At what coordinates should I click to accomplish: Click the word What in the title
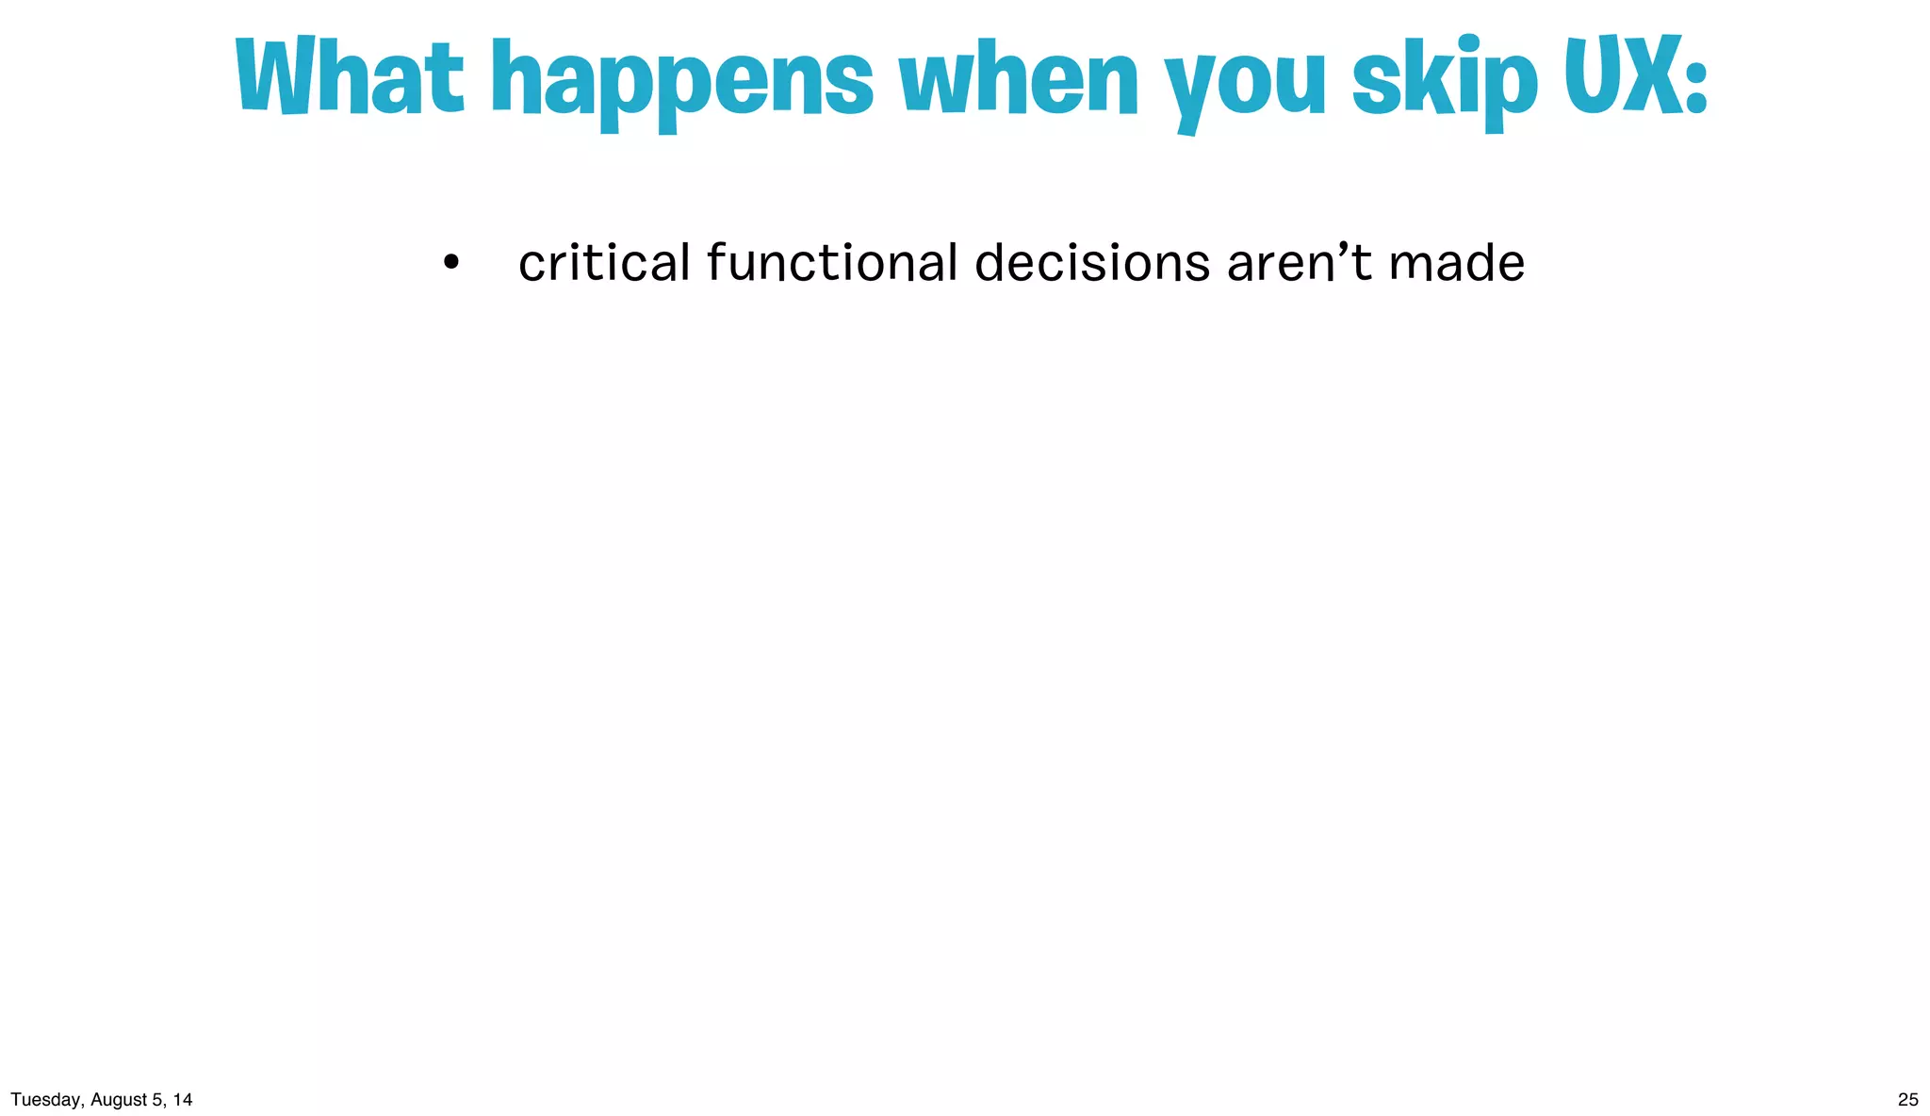pos(349,77)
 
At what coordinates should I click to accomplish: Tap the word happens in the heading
pos(682,83)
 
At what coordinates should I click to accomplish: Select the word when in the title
pos(1019,79)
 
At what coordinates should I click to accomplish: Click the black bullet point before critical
pos(451,263)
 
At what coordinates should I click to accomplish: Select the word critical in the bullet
pos(604,263)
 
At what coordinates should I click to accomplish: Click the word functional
pos(832,263)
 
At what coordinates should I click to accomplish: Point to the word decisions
pos(1091,263)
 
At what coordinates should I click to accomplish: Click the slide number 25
pos(1907,1099)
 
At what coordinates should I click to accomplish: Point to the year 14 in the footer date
pos(183,1099)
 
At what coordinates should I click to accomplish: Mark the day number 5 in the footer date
pos(156,1099)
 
